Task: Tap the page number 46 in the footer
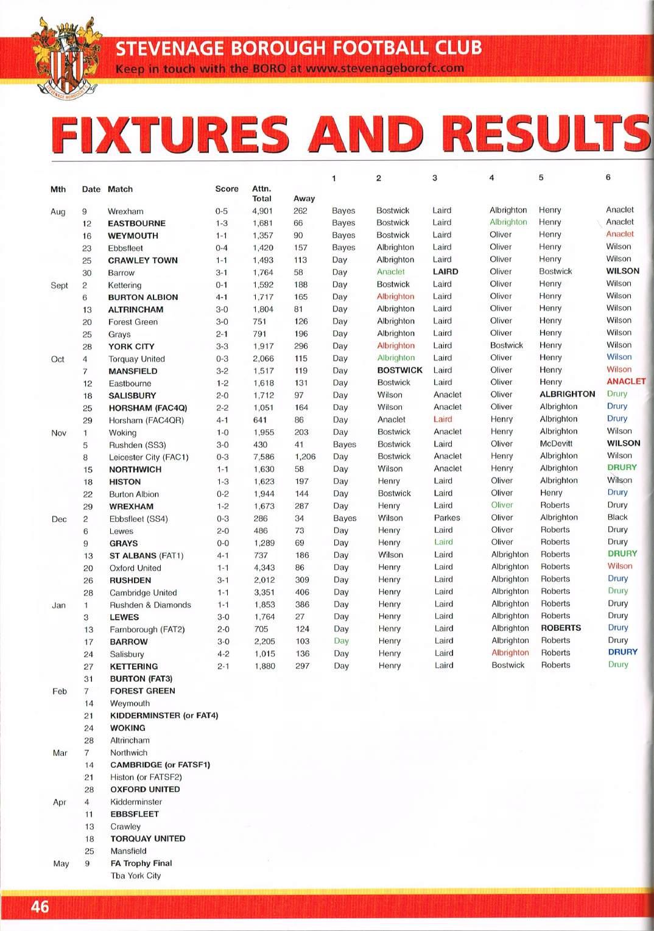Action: (40, 907)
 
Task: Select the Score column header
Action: (227, 189)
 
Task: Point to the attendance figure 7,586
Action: (264, 457)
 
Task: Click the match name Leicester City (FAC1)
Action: (149, 457)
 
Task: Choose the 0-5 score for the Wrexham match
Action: (221, 211)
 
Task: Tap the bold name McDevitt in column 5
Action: (556, 444)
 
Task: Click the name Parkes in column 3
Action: (447, 518)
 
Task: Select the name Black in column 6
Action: (617, 517)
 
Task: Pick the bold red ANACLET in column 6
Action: (626, 381)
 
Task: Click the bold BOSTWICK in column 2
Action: (399, 370)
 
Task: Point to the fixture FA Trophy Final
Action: (141, 863)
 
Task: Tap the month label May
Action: (61, 863)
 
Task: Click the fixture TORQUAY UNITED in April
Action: (147, 838)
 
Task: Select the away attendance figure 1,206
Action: (305, 457)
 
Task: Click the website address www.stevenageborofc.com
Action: (384, 68)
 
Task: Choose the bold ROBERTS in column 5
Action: (561, 628)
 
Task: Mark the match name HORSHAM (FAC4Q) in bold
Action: (147, 407)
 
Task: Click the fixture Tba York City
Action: (136, 876)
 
